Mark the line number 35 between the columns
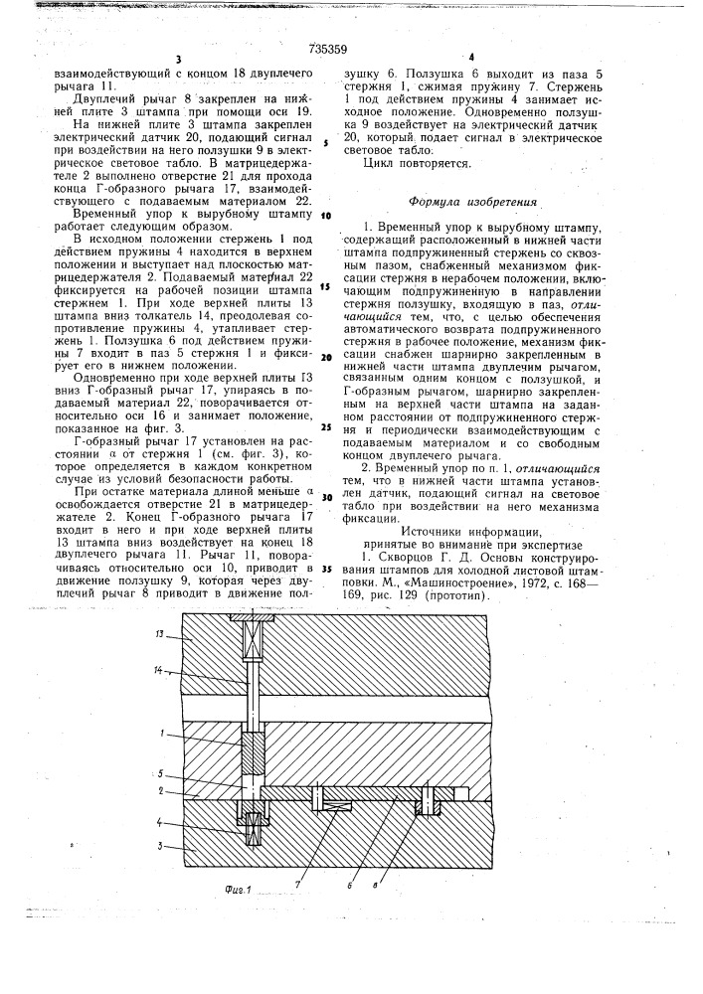325,568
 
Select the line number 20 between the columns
325,357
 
